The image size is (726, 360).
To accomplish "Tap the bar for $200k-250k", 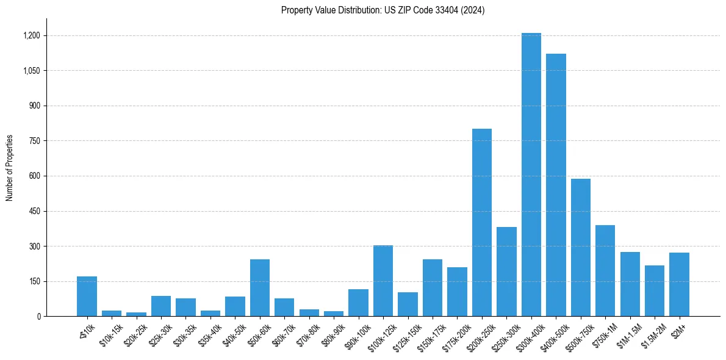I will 482,223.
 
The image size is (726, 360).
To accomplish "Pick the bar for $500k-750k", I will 580,248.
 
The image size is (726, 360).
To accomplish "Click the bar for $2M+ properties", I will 679,284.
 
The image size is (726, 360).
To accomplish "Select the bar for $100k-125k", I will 383,281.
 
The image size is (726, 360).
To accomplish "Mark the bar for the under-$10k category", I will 87,297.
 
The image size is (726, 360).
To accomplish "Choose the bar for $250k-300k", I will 506,272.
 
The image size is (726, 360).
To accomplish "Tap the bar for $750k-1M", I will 605,271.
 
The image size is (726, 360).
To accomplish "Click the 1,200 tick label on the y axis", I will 32,35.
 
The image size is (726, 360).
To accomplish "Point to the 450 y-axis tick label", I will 35,211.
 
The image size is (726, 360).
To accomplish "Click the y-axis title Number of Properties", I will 10,168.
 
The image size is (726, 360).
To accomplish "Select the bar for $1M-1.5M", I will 630,284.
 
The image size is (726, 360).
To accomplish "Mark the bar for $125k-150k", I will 408,304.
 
